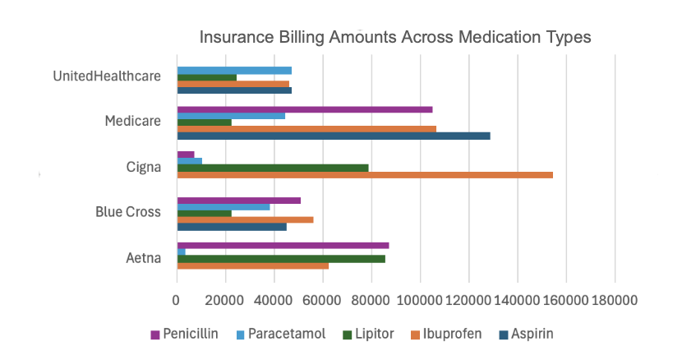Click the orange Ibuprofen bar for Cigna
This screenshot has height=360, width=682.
(x=365, y=175)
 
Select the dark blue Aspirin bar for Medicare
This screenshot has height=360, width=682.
(x=334, y=136)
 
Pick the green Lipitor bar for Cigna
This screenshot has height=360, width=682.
(x=273, y=168)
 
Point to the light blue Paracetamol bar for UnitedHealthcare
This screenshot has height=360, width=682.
(x=234, y=71)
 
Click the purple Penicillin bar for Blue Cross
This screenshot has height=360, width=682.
(x=239, y=200)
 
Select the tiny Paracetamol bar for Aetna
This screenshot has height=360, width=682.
(x=181, y=252)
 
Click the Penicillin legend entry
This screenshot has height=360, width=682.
(x=185, y=335)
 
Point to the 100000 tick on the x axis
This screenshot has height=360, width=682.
(x=421, y=302)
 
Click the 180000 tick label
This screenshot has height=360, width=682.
(x=615, y=302)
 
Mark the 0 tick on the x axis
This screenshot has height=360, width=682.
(x=177, y=302)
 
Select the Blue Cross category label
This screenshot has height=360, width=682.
(x=127, y=212)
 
